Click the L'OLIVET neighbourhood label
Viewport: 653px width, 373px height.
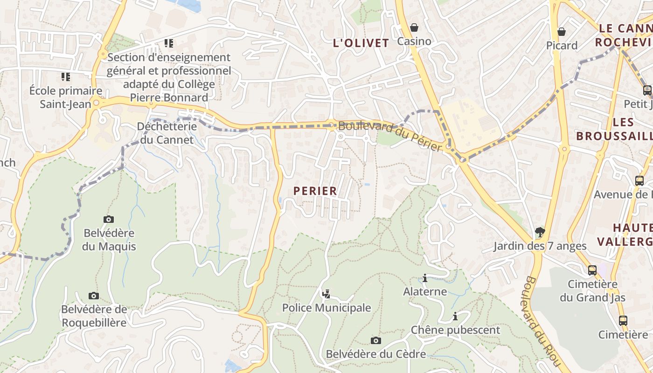[x=361, y=43]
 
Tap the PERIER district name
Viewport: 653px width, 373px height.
[x=315, y=191]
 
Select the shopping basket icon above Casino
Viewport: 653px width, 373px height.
[x=414, y=28]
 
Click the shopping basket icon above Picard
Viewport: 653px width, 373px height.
[x=562, y=32]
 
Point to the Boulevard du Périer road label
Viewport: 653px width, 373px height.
[x=390, y=136]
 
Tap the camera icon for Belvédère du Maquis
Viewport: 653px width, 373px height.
[x=109, y=219]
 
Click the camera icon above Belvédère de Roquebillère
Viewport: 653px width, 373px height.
[x=94, y=296]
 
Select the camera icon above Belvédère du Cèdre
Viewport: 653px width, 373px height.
[x=375, y=340]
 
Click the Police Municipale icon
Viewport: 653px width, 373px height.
[x=326, y=294]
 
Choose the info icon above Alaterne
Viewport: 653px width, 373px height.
[x=425, y=278]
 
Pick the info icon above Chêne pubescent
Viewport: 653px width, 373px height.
[x=455, y=317]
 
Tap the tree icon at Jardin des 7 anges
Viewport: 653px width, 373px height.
[x=540, y=232]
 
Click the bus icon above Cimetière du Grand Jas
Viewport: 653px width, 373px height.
[x=592, y=270]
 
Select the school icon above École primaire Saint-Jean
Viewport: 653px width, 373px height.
[x=66, y=76]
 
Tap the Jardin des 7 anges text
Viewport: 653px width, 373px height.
[x=540, y=246]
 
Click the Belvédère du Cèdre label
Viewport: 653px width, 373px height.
[x=376, y=354]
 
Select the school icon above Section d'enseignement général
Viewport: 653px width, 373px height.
[x=169, y=43]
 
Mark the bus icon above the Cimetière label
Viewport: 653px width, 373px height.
[x=623, y=320]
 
